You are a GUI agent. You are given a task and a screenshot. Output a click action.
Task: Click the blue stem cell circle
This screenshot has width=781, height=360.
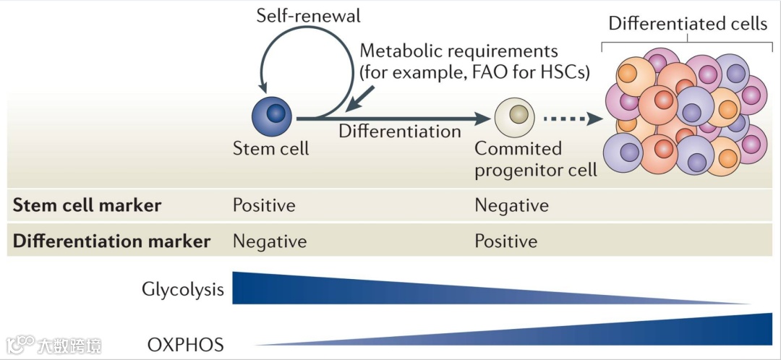click(x=271, y=116)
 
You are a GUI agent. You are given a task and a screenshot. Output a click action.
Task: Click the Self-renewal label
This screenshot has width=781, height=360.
click(x=308, y=15)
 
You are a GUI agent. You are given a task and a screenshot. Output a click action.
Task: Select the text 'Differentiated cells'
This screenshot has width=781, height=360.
click(x=687, y=24)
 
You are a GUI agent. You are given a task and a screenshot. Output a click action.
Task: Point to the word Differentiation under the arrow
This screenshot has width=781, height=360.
click(x=400, y=132)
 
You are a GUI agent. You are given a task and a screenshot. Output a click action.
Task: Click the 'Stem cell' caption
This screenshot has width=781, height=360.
click(x=270, y=149)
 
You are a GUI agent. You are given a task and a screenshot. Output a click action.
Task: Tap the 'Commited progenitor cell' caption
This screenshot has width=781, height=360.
click(x=535, y=159)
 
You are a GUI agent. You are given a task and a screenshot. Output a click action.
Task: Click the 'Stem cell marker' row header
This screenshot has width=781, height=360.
click(x=87, y=205)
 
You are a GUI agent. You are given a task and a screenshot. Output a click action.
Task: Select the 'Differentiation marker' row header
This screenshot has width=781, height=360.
click(x=111, y=241)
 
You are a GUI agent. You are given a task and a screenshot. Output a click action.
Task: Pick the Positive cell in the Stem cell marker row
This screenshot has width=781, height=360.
click(x=264, y=205)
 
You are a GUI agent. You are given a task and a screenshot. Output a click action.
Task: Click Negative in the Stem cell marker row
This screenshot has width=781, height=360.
click(x=511, y=205)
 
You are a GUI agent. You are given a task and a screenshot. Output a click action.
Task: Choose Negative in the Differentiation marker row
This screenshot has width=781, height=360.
click(x=269, y=241)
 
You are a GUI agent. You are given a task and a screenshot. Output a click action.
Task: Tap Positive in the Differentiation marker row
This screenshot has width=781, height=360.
click(x=505, y=241)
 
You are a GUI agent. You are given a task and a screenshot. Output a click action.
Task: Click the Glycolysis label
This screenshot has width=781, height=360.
click(x=183, y=291)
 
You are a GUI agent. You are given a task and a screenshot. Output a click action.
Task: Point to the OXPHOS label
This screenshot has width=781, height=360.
click(x=185, y=343)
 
